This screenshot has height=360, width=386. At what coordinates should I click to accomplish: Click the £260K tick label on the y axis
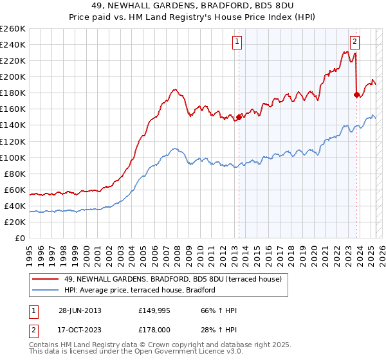click(x=12, y=29)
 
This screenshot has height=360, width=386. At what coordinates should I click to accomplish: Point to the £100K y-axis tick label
click(x=12, y=157)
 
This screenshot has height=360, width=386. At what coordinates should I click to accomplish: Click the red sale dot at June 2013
click(x=239, y=117)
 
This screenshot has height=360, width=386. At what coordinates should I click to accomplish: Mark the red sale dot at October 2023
click(x=356, y=94)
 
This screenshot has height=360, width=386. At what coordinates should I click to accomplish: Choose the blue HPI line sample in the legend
click(x=45, y=290)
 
